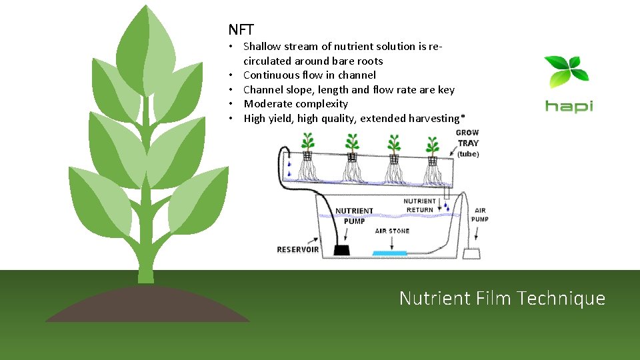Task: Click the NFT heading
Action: click(241, 29)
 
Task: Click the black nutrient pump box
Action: click(343, 249)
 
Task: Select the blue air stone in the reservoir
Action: click(390, 253)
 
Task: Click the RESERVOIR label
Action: click(298, 250)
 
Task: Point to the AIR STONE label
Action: click(392, 231)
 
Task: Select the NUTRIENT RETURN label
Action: click(420, 205)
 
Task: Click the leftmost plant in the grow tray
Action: click(307, 143)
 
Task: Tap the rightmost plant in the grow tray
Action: click(433, 145)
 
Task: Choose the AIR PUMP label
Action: click(480, 215)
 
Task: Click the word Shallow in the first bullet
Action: click(262, 47)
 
